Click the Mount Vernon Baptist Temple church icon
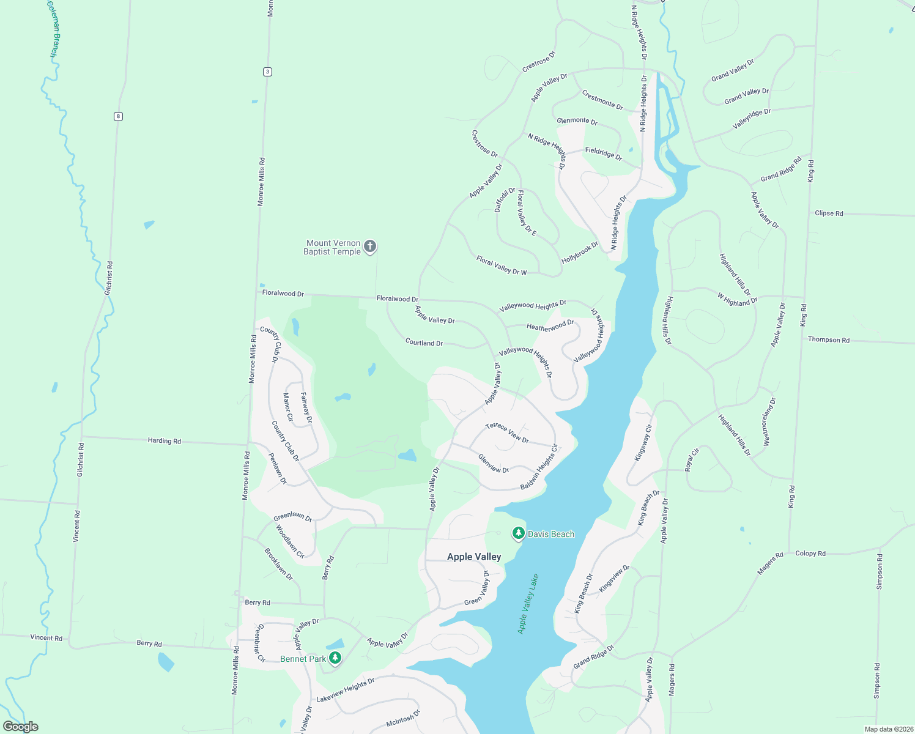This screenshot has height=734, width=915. coord(369,247)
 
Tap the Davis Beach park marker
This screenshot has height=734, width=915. coord(519,533)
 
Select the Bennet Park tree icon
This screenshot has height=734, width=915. coord(335,658)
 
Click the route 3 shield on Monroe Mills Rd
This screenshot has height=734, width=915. coord(267,72)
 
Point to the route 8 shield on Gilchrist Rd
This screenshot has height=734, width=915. coord(118,116)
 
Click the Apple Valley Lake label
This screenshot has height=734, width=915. coord(528,603)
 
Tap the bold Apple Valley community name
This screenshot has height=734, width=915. coord(474,557)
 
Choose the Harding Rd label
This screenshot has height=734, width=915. coord(164,440)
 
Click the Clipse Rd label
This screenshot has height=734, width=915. coord(829,213)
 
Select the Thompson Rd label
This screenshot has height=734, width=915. coord(828,339)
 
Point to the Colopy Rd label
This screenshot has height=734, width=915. coord(810,554)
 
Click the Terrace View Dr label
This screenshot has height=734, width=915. coord(506,433)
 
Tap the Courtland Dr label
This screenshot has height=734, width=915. coord(424,343)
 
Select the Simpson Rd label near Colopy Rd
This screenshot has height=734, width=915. coord(880,572)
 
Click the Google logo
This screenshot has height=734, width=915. coord(21,727)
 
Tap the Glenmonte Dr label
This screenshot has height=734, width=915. coord(577,120)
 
